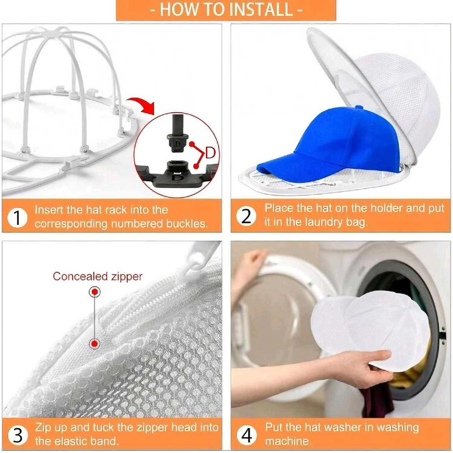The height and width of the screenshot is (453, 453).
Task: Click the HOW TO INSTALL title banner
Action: click(226, 10)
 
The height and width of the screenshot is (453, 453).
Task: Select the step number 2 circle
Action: click(246, 216)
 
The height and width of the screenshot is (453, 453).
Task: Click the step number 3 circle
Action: click(18, 435)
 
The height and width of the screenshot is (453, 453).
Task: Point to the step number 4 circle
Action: click(246, 435)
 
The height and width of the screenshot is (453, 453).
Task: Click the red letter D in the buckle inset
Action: click(210, 152)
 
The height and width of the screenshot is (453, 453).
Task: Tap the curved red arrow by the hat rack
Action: click(142, 104)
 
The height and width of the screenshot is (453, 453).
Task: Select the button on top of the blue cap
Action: click(358, 108)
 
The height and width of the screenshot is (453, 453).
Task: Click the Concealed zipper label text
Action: click(97, 276)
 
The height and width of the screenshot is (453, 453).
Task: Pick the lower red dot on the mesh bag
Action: click(95, 344)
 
